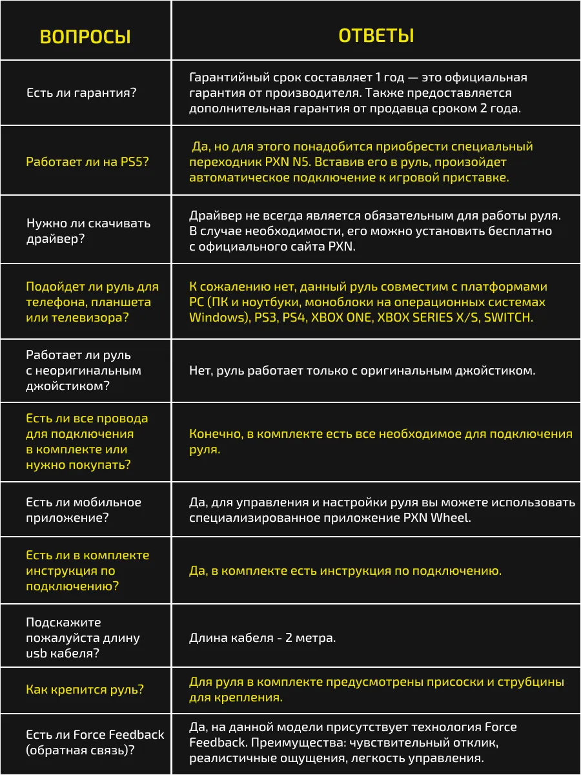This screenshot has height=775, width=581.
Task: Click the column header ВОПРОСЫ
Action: coord(85,37)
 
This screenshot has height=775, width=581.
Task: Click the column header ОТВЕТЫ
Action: coord(376,36)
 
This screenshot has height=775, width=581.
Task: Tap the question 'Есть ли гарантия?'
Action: coord(81,93)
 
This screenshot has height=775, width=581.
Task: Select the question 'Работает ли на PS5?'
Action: coord(87,162)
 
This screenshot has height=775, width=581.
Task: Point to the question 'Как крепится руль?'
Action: coord(85,690)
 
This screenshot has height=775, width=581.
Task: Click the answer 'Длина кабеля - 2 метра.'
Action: coord(262,638)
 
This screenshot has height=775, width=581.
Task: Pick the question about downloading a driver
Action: coord(88,231)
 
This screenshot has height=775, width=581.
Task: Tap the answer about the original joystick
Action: coord(362,371)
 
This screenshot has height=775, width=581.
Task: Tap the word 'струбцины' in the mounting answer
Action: coord(532,682)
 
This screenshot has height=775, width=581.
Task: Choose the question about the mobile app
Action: coord(83,510)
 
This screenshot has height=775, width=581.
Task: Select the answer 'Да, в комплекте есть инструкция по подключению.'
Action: coord(345,571)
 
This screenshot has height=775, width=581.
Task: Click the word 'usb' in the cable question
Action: coord(36,654)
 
